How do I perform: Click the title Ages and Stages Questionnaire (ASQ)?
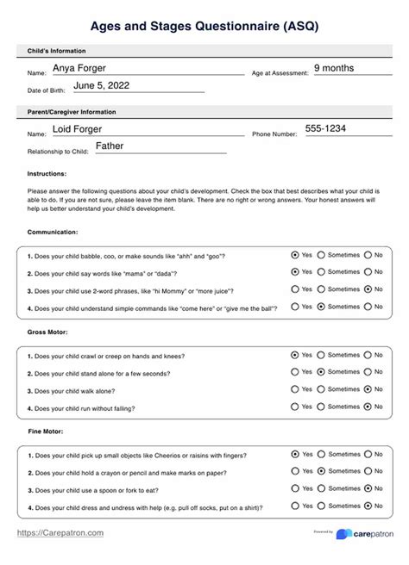(204, 27)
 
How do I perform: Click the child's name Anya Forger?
(85, 67)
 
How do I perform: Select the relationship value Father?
(110, 146)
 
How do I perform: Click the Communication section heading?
(53, 232)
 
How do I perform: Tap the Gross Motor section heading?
(48, 331)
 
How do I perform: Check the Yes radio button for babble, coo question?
(296, 255)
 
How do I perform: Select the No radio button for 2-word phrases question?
(368, 289)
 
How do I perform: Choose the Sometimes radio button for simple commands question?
(321, 306)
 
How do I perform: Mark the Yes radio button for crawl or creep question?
(296, 354)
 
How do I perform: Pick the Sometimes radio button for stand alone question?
(321, 371)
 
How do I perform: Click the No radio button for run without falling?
(368, 406)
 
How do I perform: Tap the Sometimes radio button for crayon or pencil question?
(321, 470)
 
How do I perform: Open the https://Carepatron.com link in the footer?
(61, 533)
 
